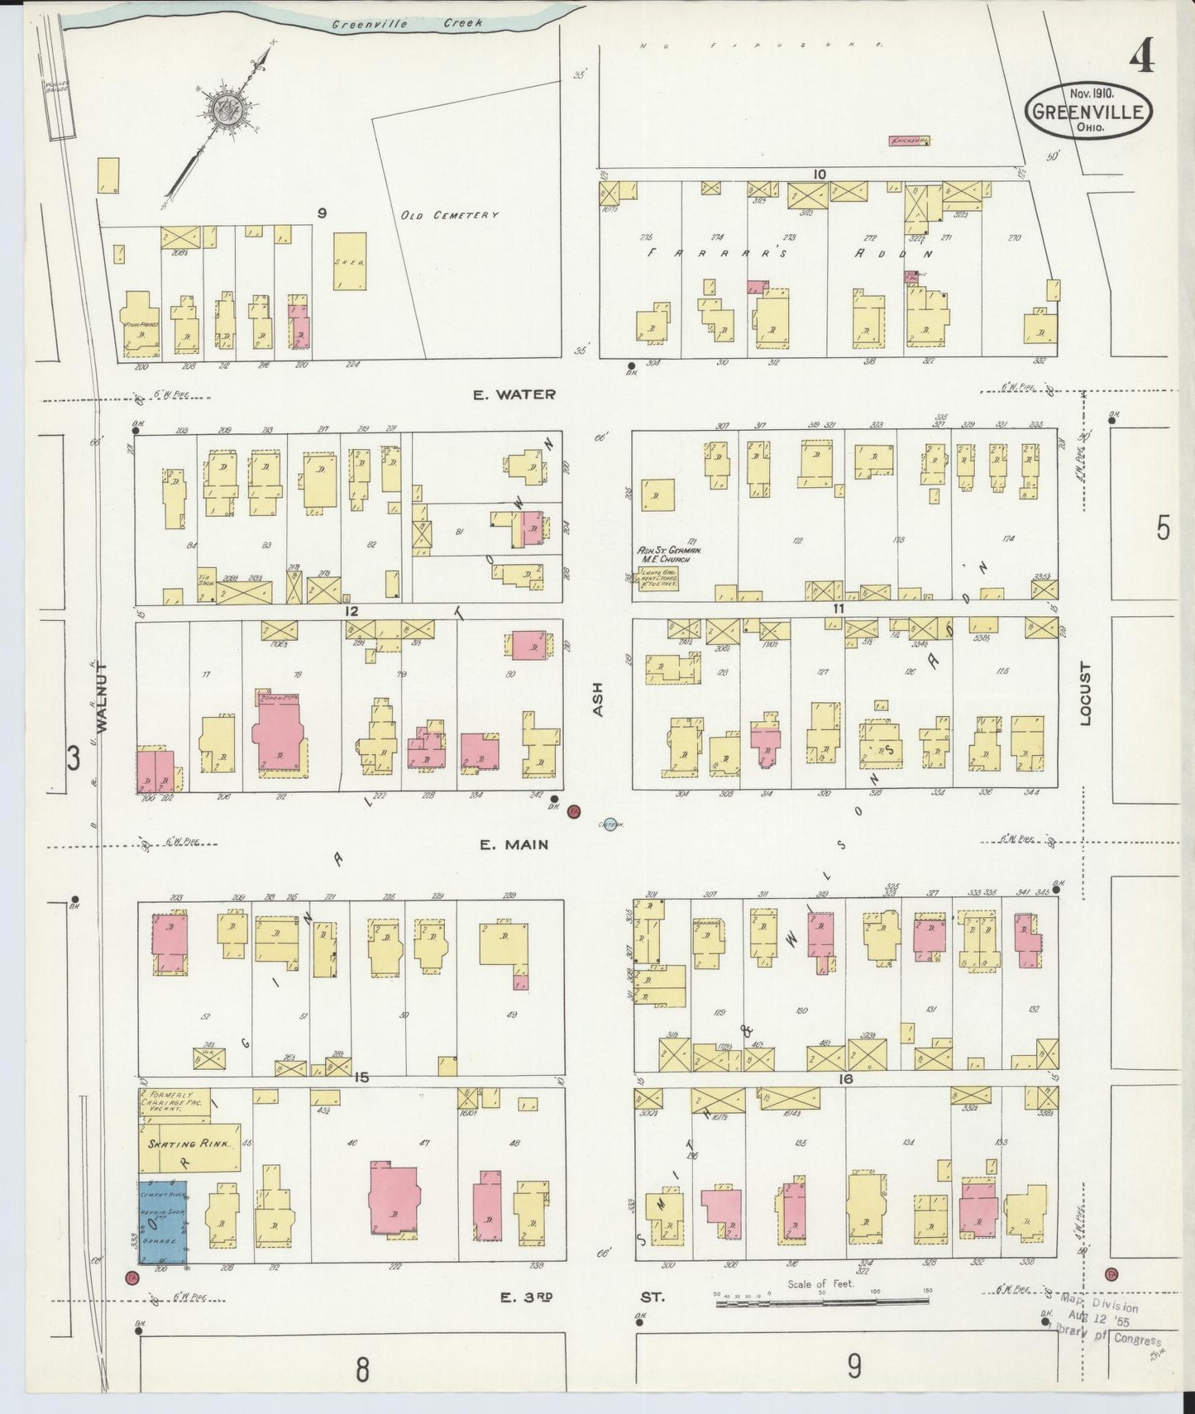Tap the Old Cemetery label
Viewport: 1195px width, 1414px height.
(x=449, y=216)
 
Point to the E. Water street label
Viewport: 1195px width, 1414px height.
(x=514, y=395)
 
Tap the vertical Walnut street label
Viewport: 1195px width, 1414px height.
(x=102, y=695)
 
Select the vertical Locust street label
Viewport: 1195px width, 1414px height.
(x=1086, y=694)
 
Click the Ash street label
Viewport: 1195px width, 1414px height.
(x=598, y=700)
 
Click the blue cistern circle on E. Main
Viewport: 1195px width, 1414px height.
(x=610, y=824)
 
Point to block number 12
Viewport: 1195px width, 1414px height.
(x=353, y=612)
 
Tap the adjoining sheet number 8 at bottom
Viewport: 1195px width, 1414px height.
(x=361, y=1370)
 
